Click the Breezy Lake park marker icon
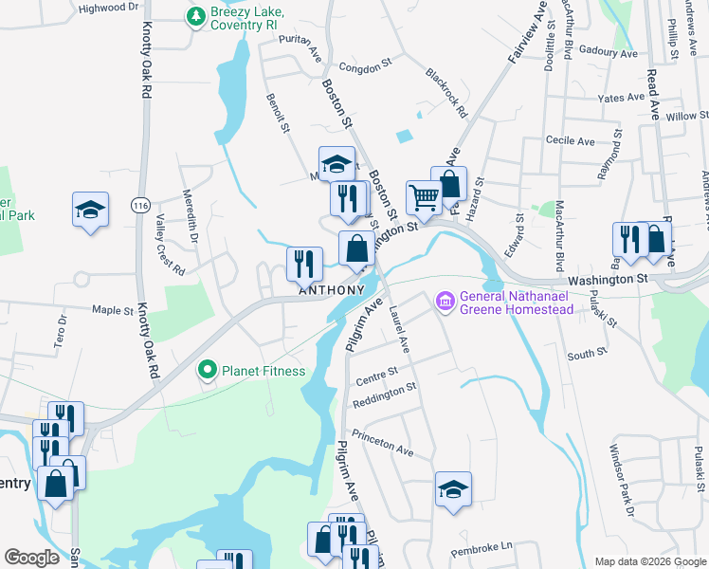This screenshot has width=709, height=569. click(x=195, y=16)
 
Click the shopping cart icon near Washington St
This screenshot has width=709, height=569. click(x=424, y=198)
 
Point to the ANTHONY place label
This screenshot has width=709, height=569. click(x=332, y=290)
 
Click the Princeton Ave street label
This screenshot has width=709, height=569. click(x=383, y=442)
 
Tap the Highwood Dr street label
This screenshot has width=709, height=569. click(x=108, y=8)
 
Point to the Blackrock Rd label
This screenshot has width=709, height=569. click(x=446, y=92)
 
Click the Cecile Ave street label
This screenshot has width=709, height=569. click(x=571, y=141)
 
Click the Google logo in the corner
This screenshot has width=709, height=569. click(x=31, y=558)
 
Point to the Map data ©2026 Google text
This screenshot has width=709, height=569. click(x=649, y=561)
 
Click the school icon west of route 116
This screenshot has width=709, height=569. click(x=91, y=210)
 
